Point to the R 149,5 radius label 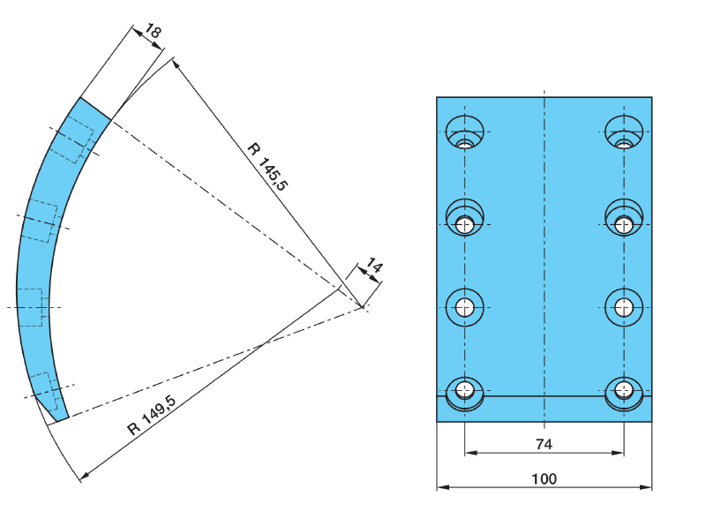(x=152, y=416)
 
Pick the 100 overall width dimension (x=544, y=478)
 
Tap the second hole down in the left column (x=465, y=221)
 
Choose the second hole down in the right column (x=624, y=221)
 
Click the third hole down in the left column (x=465, y=307)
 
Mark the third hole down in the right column (x=624, y=307)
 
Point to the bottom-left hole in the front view (x=465, y=390)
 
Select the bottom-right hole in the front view (x=624, y=390)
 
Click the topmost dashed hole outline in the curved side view (x=73, y=141)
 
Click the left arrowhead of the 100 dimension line (x=441, y=486)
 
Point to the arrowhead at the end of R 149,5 (x=83, y=478)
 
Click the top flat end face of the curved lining (x=96, y=108)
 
